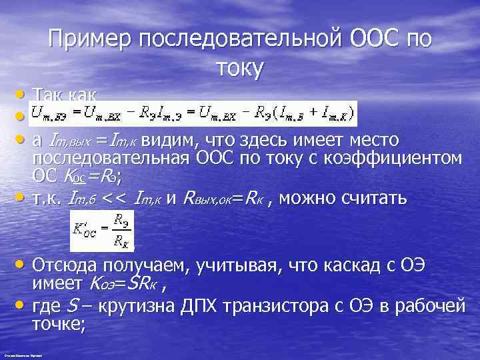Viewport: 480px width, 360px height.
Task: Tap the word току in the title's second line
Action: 240,68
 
